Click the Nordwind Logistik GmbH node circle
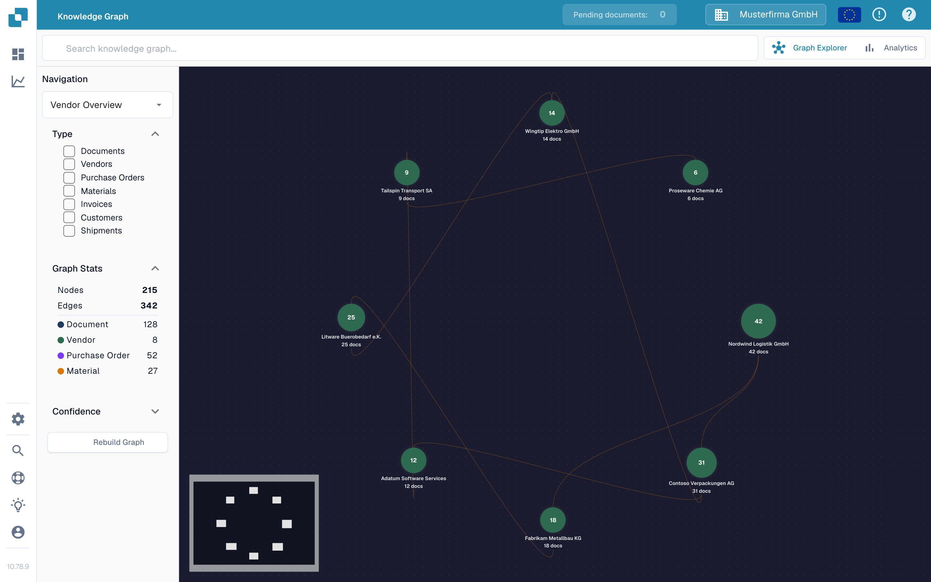758,321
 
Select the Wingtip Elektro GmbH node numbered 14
552,113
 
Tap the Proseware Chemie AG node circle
695,172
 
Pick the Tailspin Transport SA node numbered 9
407,172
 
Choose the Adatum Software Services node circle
413,460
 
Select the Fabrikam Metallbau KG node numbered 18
553,520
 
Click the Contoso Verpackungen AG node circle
701,463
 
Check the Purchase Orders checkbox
69,178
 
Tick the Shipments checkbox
69,231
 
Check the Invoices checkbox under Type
69,204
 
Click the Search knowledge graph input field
400,48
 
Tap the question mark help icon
909,15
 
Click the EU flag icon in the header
849,15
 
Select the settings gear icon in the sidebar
18,419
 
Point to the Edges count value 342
149,306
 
